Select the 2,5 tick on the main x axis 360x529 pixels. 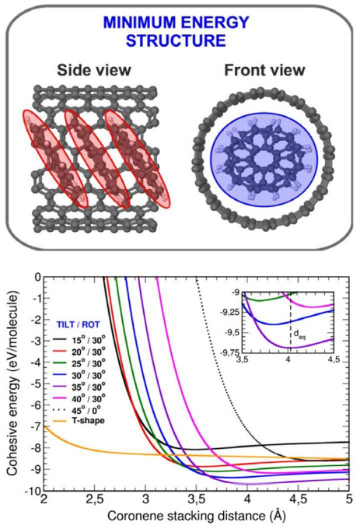tap(96, 501)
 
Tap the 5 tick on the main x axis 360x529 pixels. tap(348, 501)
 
